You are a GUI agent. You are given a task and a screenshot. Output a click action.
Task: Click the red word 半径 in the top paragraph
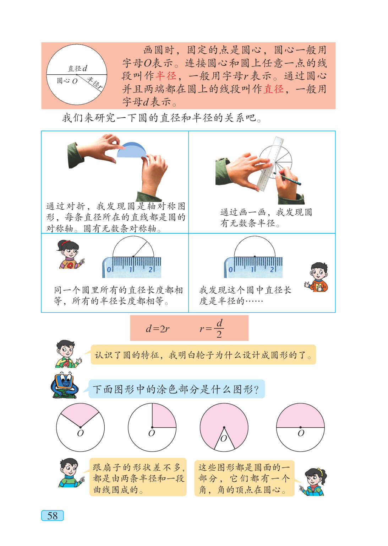coord(166,76)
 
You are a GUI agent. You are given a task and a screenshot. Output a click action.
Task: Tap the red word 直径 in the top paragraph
coord(274,89)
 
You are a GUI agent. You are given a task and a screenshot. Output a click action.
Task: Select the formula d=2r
coord(158,329)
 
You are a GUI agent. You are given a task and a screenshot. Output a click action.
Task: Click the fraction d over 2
coord(219,328)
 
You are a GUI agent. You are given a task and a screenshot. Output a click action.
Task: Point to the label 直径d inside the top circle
coord(77,69)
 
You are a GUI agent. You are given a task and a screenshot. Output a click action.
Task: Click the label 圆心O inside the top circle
coord(67,81)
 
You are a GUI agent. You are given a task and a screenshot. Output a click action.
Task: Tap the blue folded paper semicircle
coord(132,150)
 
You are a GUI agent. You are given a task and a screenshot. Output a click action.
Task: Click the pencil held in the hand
coord(287,178)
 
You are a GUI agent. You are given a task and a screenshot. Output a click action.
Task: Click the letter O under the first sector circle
coord(80,433)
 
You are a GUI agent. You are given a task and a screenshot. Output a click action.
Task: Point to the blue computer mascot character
coord(65,385)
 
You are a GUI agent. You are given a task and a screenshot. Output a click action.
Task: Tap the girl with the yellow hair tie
coord(313,482)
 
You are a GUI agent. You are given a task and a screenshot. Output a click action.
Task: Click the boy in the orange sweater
coord(317,277)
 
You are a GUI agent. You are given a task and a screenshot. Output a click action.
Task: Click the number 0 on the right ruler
coord(230,269)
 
